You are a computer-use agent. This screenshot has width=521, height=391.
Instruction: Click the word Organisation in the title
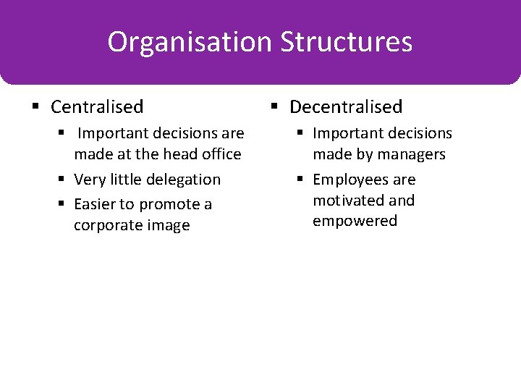[x=190, y=42]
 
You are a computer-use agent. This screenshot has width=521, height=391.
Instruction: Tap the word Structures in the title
[x=346, y=42]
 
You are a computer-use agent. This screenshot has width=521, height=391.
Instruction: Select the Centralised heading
[x=97, y=107]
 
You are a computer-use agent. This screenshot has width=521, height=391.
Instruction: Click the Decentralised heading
[x=346, y=107]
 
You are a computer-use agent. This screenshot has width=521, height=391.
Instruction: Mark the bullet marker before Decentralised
[x=274, y=107]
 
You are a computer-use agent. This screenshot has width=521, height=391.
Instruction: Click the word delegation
[x=186, y=180]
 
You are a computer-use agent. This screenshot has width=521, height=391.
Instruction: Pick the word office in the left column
[x=222, y=154]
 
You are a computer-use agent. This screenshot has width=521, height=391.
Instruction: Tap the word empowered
[x=355, y=221]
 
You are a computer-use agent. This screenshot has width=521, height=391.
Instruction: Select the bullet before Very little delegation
[x=64, y=180]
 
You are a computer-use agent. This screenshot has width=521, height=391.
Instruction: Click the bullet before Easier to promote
[x=64, y=204]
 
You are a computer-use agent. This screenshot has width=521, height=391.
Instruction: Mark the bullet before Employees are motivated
[x=302, y=180]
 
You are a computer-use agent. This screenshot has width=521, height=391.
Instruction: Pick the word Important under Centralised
[x=111, y=134]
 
